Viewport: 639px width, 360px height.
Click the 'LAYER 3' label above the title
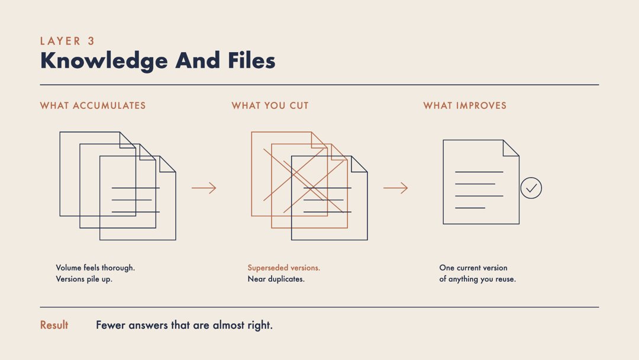click(67, 41)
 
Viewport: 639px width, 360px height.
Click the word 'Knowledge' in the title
click(104, 61)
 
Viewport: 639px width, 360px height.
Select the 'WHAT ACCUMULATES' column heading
click(93, 105)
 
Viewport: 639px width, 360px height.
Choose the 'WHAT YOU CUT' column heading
click(270, 105)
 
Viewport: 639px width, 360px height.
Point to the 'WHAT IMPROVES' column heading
click(465, 105)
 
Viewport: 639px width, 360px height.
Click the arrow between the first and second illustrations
click(204, 188)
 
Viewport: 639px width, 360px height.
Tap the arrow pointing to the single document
click(396, 188)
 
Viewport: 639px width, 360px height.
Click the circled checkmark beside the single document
click(531, 188)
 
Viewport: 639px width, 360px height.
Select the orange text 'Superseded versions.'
click(284, 268)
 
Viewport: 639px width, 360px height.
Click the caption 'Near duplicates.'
click(276, 279)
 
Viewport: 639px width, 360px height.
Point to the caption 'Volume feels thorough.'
click(95, 268)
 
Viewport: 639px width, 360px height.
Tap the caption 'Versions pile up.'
click(84, 279)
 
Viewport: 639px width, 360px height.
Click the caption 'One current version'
click(473, 268)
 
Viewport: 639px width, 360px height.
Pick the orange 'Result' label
click(54, 325)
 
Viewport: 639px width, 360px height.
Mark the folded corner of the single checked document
click(511, 148)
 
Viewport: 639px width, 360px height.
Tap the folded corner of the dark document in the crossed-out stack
click(360, 164)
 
